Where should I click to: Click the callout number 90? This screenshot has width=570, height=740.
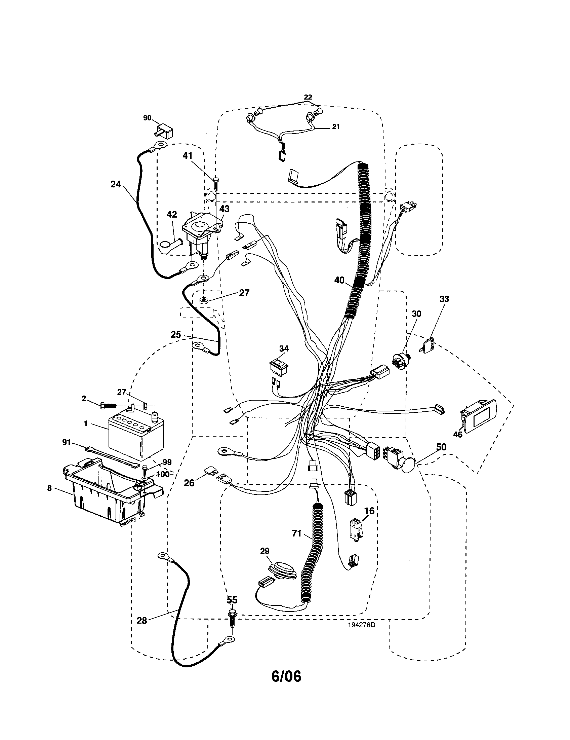147,118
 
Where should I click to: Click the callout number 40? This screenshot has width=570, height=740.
339,280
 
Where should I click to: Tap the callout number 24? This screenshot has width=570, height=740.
115,185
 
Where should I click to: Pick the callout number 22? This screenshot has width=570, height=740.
308,97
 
